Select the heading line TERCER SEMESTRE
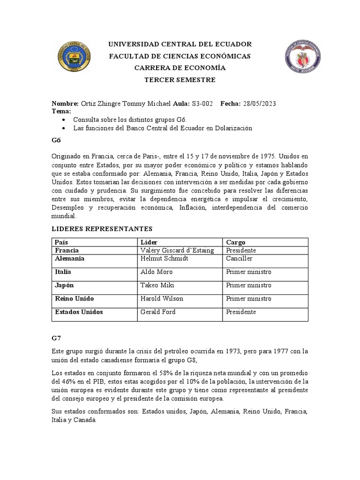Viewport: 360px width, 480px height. tap(180, 80)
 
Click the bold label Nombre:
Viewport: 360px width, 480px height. tap(65, 104)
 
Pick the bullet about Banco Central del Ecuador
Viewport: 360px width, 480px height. tap(163, 128)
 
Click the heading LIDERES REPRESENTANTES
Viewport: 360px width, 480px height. tap(102, 229)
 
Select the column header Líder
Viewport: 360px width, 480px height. tap(150, 242)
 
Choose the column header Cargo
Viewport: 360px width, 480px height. tap(236, 242)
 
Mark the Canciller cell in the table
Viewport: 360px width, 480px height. tap(239, 258)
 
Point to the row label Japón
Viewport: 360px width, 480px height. tap(65, 285)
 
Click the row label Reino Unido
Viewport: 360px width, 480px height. tap(74, 299)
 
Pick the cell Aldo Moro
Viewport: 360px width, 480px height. tap(157, 272)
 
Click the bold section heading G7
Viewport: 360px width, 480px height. tap(56, 337)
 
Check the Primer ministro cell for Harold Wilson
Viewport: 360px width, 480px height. tap(248, 299)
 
